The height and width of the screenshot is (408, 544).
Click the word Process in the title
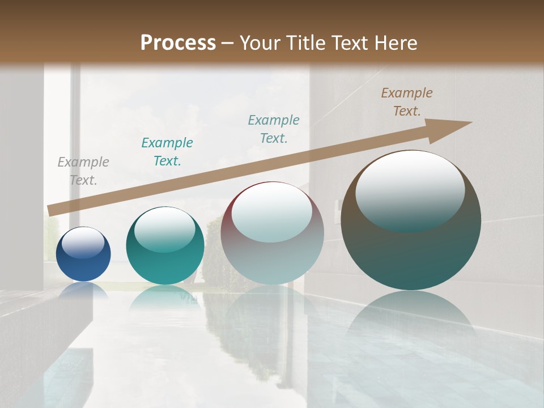178,43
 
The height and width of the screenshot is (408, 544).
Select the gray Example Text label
83,171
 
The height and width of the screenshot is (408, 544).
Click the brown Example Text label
407,102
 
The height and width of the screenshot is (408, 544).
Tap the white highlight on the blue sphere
83,242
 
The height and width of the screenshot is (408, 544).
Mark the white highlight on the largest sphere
410,190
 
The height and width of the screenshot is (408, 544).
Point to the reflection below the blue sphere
83,291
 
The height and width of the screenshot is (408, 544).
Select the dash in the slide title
228,43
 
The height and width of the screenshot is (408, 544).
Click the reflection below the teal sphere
165,297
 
